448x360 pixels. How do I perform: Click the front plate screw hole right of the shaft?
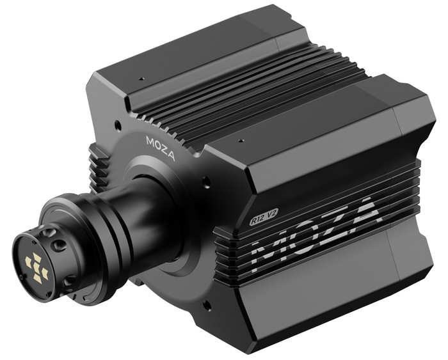pos(206,183)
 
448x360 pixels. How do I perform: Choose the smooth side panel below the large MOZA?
pos(333,281)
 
